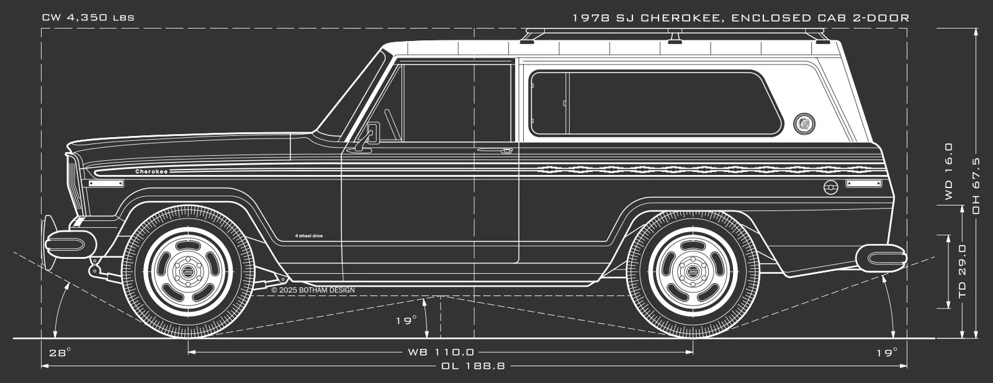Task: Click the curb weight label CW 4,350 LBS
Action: pos(88,17)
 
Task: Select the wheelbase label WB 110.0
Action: pos(441,352)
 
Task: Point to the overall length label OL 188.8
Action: pos(474,366)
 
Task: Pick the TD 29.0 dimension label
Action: pos(963,271)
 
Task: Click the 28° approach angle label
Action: pos(60,353)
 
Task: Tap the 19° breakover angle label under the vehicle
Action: pos(407,321)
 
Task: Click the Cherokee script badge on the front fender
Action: pos(151,171)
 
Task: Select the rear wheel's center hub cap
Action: pos(693,272)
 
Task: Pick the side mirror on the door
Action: pos(372,132)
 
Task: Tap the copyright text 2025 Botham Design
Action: pos(317,290)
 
